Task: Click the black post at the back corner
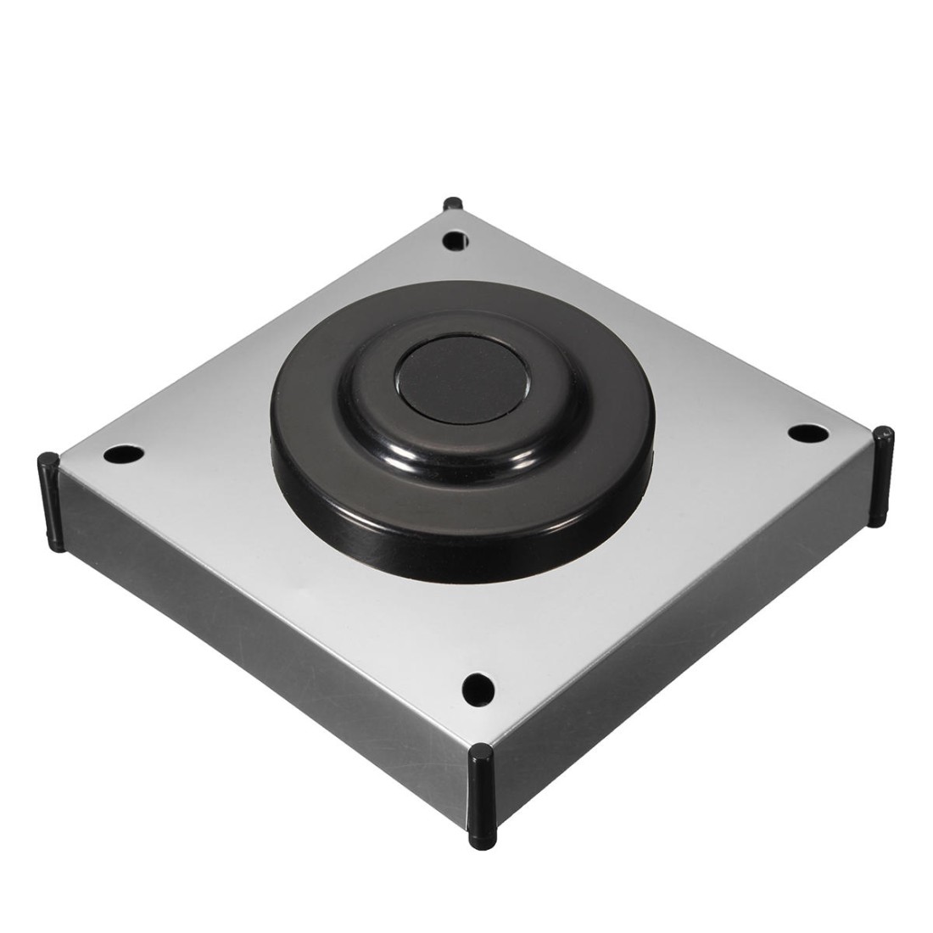point(452,205)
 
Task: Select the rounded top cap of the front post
point(481,753)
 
